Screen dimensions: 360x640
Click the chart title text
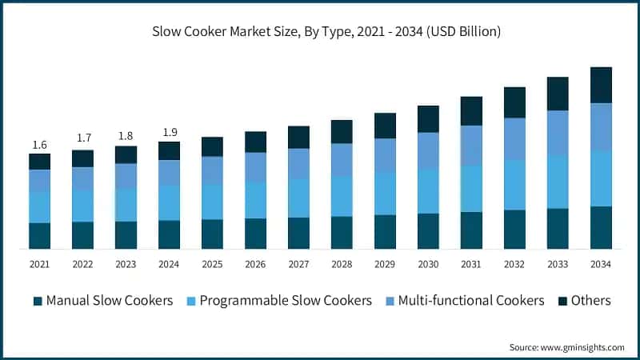pyautogui.click(x=327, y=32)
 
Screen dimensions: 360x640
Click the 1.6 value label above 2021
pyautogui.click(x=39, y=145)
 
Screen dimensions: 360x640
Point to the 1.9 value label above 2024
pyautogui.click(x=169, y=133)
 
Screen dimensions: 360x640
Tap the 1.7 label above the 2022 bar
pyautogui.click(x=83, y=138)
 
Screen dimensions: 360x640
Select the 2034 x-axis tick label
pyautogui.click(x=601, y=264)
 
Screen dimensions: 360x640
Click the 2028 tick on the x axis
pyautogui.click(x=342, y=264)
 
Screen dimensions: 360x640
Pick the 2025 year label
pyautogui.click(x=212, y=264)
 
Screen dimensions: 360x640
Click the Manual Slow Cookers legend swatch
pyautogui.click(x=38, y=302)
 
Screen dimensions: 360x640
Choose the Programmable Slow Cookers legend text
pyautogui.click(x=285, y=301)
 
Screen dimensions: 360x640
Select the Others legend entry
pyautogui.click(x=590, y=301)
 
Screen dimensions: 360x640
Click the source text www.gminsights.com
pyautogui.click(x=566, y=347)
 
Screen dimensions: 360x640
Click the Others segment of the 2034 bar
pyautogui.click(x=601, y=85)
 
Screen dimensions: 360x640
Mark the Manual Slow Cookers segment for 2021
pyautogui.click(x=39, y=235)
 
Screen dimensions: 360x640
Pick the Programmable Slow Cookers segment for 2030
pyautogui.click(x=428, y=191)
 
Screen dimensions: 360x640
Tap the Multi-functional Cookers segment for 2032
pyautogui.click(x=514, y=138)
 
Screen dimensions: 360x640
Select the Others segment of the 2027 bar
pyautogui.click(x=298, y=137)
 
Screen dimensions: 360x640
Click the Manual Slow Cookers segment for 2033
pyautogui.click(x=558, y=228)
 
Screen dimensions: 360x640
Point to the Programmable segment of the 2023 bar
pyautogui.click(x=126, y=205)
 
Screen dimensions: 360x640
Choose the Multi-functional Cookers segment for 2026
pyautogui.click(x=255, y=166)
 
